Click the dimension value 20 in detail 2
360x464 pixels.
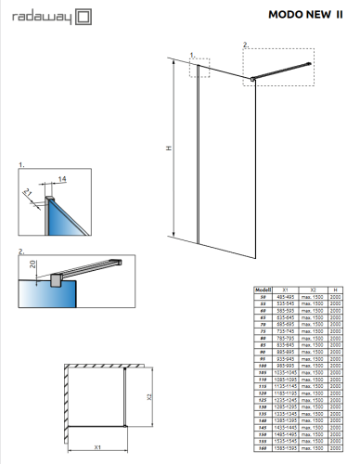point(32,264)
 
